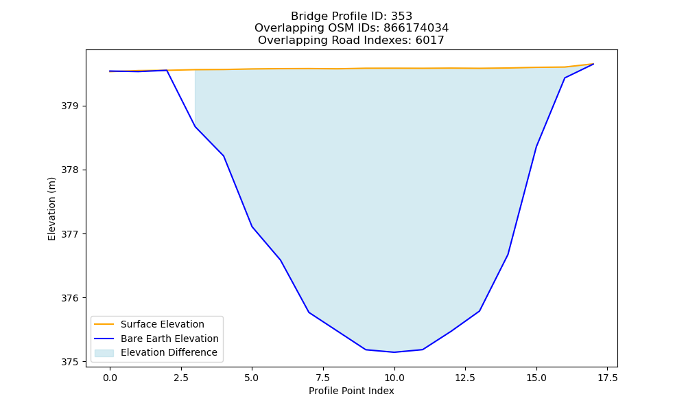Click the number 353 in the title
tap(401, 16)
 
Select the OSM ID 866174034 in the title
tap(416, 28)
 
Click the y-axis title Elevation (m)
tap(51, 209)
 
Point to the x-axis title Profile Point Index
tap(351, 391)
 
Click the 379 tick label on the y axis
tap(69, 106)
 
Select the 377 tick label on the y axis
tap(69, 233)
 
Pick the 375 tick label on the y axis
tap(69, 362)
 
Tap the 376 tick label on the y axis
tap(69, 298)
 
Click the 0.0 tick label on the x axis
tap(110, 378)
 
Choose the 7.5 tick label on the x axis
tap(323, 378)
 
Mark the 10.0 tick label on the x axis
tap(394, 378)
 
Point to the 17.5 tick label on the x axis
tap(607, 378)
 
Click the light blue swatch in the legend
tap(104, 353)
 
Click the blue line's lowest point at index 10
tap(394, 352)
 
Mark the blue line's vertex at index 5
tap(252, 227)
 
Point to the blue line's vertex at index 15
tap(536, 146)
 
